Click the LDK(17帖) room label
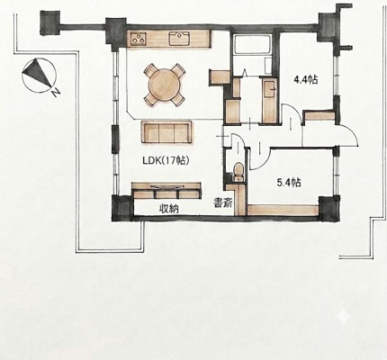tap(166, 161)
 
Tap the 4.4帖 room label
tap(305, 80)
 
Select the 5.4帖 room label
tap(289, 183)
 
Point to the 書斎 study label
tap(222, 203)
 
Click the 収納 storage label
tap(168, 208)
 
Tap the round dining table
tap(164, 85)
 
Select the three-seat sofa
tap(166, 132)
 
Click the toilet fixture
tap(238, 172)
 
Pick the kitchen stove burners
tap(139, 39)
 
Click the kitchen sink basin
tap(179, 39)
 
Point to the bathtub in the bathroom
tap(252, 45)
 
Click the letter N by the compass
tap(56, 94)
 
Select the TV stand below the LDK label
tap(166, 190)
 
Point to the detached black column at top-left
tap(49, 23)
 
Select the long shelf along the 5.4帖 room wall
tap(283, 210)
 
